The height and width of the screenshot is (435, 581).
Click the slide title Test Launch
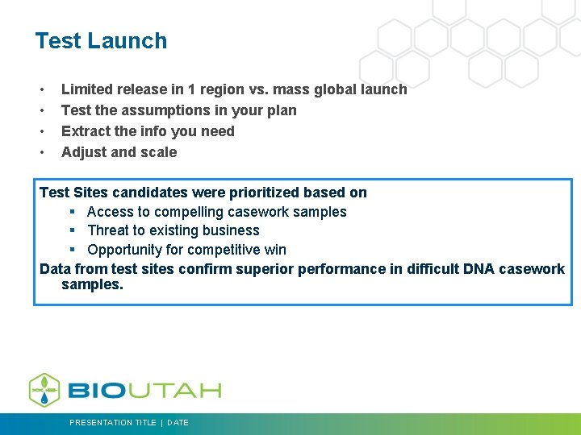pyautogui.click(x=101, y=41)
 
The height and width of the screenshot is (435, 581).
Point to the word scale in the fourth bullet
pyautogui.click(x=158, y=152)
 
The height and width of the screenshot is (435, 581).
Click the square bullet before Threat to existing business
pyautogui.click(x=72, y=230)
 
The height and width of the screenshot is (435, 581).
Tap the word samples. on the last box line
pyautogui.click(x=92, y=284)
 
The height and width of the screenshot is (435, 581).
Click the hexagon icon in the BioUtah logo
pyautogui.click(x=44, y=390)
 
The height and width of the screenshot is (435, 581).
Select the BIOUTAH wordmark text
pyautogui.click(x=144, y=391)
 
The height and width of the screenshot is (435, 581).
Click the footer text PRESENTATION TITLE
pyautogui.click(x=113, y=422)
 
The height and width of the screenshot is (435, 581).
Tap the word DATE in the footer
pyautogui.click(x=178, y=422)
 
